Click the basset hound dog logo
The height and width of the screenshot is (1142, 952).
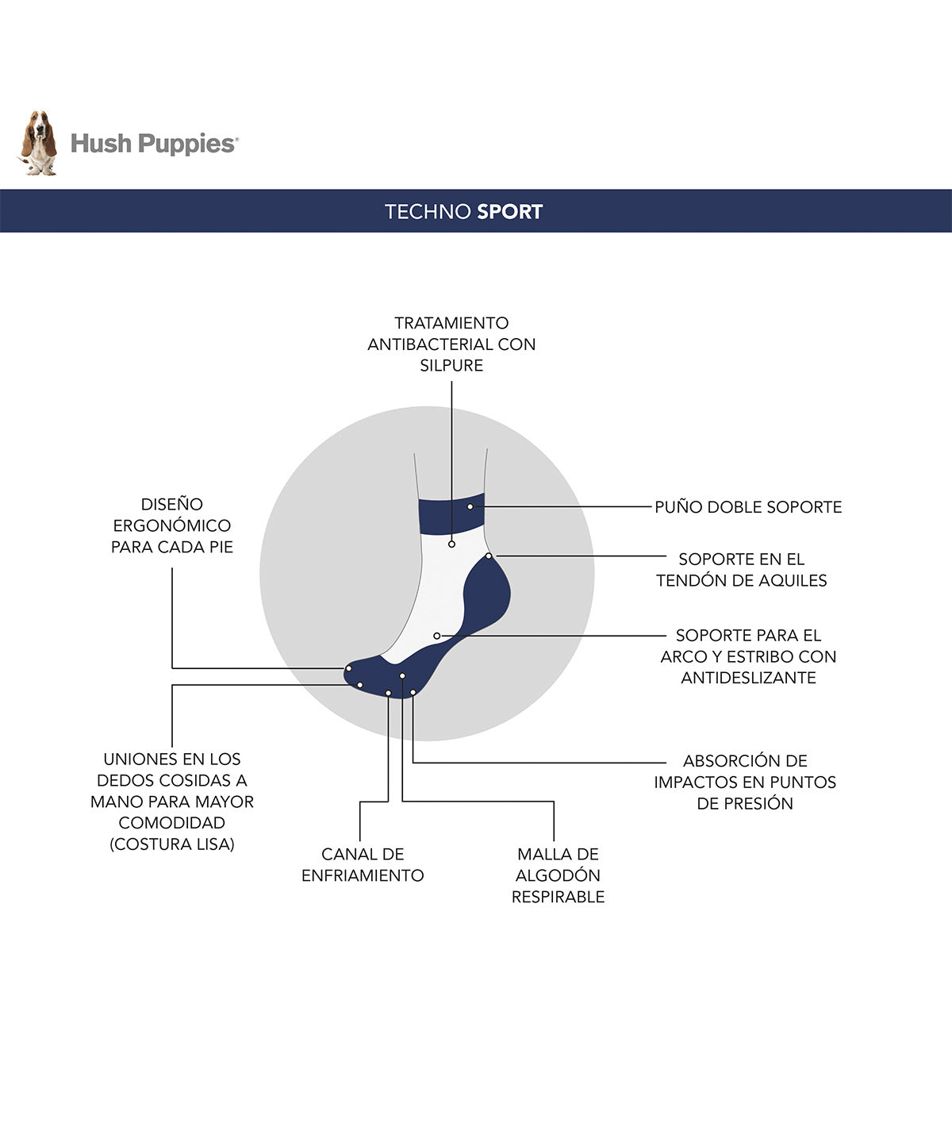(39, 143)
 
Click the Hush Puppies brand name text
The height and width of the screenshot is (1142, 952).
(155, 144)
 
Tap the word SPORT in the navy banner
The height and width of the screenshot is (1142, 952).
(509, 212)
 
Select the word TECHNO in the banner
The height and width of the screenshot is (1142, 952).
(428, 212)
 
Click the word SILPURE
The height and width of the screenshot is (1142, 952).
(451, 365)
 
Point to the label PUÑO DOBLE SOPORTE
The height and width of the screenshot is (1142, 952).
(748, 507)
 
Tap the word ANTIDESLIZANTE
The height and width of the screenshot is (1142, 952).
(749, 678)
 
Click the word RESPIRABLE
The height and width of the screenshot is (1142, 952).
(559, 897)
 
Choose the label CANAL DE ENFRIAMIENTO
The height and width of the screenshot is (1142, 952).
(363, 865)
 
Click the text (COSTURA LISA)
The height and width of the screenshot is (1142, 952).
(172, 844)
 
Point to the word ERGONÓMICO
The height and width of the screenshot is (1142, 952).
(172, 525)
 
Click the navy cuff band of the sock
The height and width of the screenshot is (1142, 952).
(451, 513)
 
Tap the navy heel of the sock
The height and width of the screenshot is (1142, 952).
(486, 594)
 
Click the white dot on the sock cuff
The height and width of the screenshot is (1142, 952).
(470, 507)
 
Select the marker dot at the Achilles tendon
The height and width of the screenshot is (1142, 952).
(489, 556)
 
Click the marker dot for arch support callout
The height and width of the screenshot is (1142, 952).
(437, 636)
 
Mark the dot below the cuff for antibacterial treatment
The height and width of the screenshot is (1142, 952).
(451, 544)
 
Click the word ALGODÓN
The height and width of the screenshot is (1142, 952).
(559, 875)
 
